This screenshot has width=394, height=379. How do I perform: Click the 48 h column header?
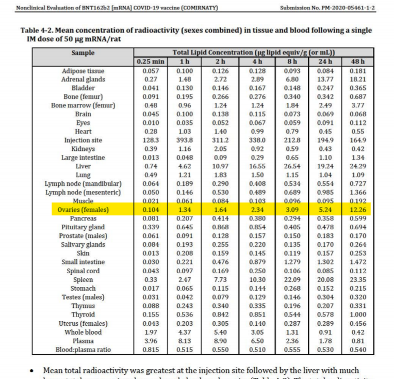(357, 62)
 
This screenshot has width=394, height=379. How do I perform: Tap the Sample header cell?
(83, 53)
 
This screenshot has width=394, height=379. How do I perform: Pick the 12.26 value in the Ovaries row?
(357, 210)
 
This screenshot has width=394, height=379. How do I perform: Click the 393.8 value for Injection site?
(185, 140)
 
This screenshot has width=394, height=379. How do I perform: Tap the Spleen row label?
(83, 280)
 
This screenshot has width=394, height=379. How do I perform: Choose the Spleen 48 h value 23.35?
(357, 280)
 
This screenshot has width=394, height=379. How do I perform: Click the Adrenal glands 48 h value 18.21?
(357, 80)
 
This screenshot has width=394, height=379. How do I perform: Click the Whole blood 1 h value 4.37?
(185, 332)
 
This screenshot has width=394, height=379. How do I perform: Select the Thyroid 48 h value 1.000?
(357, 314)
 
